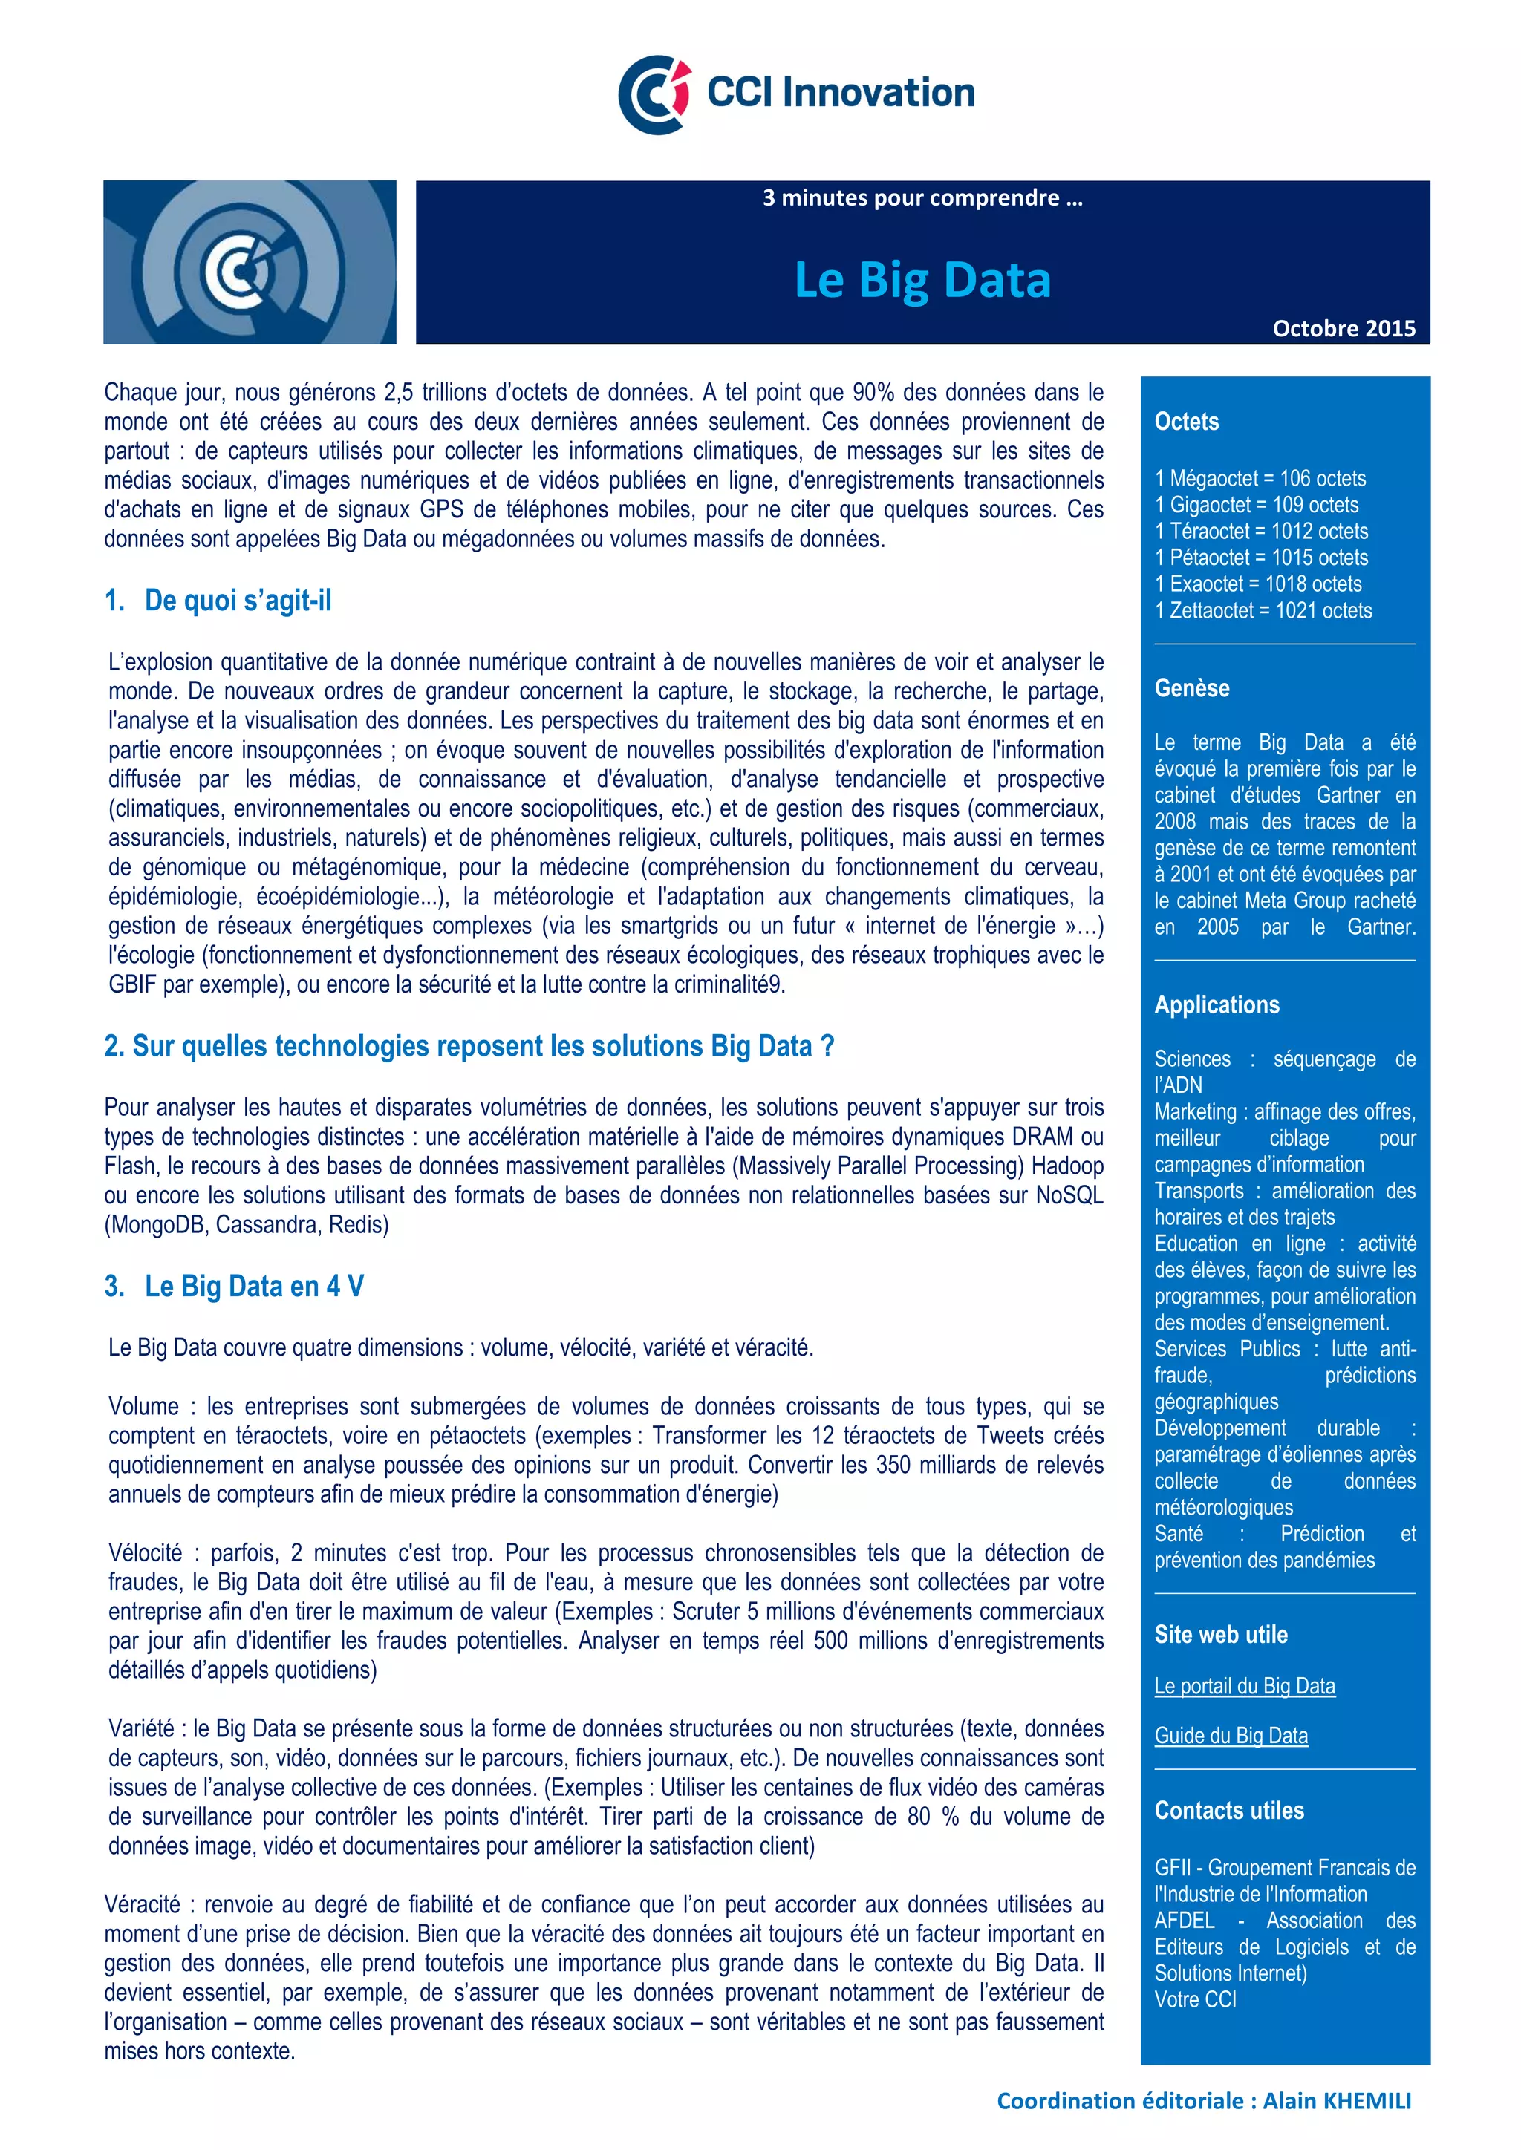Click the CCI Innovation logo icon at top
click(x=654, y=94)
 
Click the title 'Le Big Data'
click(x=922, y=279)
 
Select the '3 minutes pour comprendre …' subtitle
click(x=922, y=198)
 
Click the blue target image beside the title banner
click(x=249, y=262)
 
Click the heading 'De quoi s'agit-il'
click(x=237, y=601)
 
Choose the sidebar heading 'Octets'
click(x=1187, y=422)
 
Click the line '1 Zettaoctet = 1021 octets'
click(x=1263, y=610)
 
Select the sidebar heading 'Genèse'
click(x=1191, y=688)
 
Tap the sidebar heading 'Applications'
click(x=1216, y=1004)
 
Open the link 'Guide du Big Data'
click(x=1231, y=1735)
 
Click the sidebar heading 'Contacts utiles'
click(x=1229, y=1810)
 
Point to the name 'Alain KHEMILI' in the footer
click(x=1337, y=2100)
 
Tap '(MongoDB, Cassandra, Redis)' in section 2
click(x=247, y=1225)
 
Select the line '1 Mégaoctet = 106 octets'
click(x=1260, y=479)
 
